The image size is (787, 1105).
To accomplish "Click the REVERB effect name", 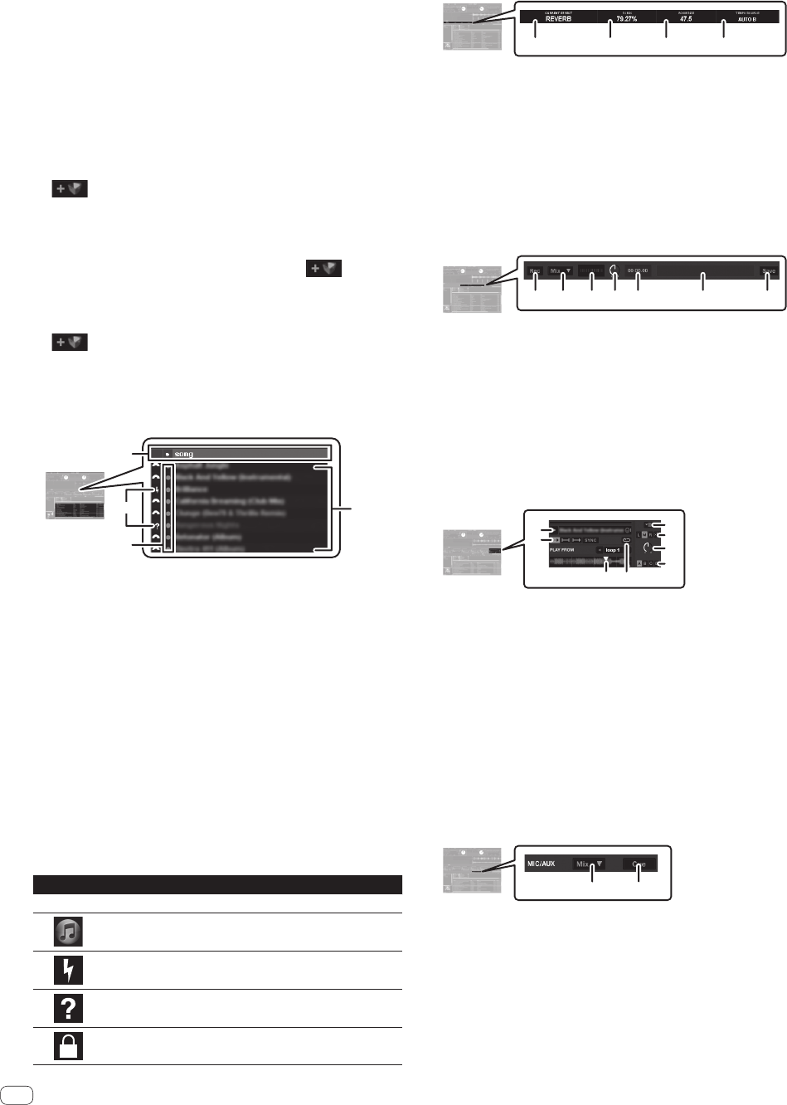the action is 558,18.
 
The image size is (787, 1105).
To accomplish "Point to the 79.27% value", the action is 627,18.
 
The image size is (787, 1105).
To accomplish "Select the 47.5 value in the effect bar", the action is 686,18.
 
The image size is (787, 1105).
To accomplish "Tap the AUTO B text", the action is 746,19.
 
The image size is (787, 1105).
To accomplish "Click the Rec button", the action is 535,271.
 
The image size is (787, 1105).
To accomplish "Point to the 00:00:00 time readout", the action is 638,271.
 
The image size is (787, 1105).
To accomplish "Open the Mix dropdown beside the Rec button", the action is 561,271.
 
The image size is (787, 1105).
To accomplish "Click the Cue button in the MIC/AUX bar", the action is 639,864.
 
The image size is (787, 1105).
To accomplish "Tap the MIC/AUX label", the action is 542,864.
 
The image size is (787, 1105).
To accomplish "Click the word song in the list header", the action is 183,454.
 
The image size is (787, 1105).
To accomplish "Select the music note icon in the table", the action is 68,932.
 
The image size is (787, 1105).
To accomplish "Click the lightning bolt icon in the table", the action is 68,970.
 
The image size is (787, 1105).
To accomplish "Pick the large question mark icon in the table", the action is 68,1008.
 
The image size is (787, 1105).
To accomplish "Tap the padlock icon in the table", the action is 68,1046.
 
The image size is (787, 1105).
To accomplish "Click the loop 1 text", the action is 612,550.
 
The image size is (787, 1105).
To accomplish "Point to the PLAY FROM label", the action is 561,550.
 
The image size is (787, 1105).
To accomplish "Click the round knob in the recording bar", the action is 614,270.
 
